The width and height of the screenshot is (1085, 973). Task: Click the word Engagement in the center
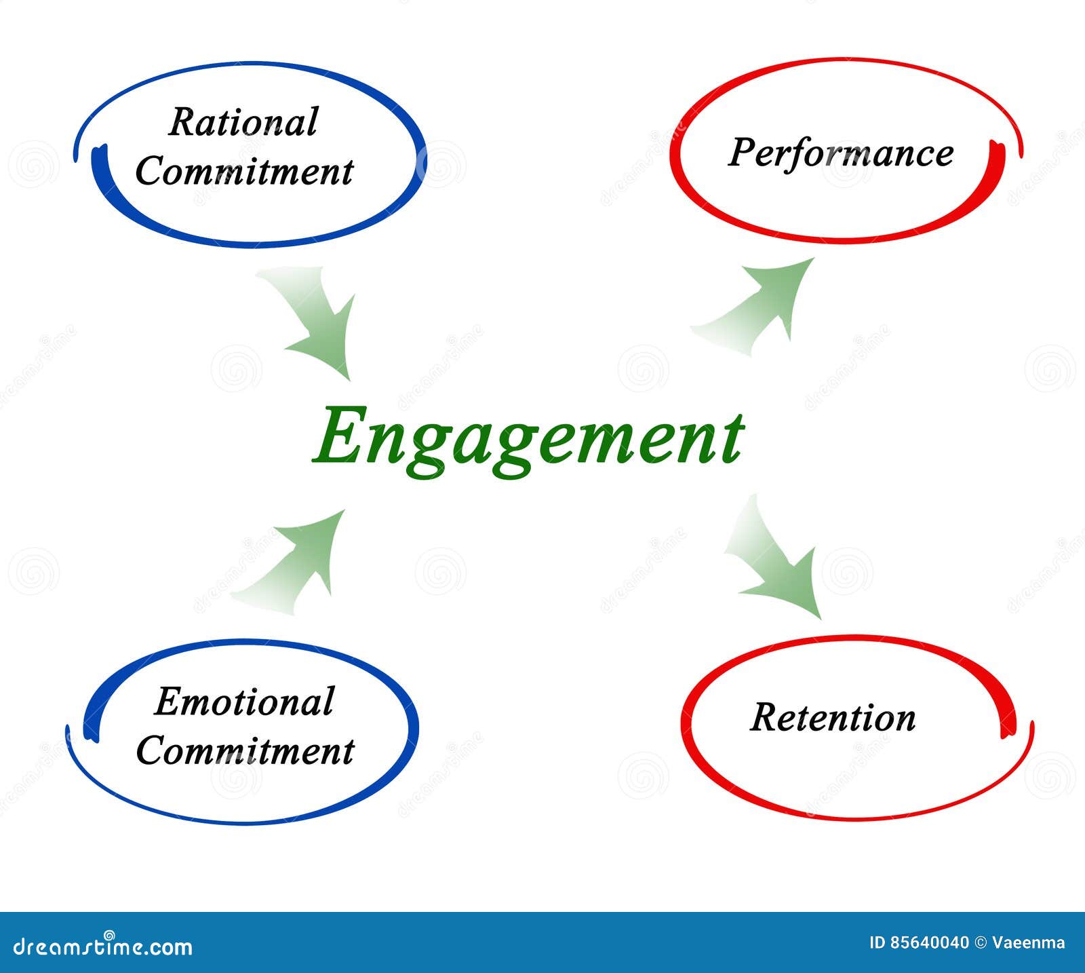click(528, 436)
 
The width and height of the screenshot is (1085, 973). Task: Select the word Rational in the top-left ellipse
click(243, 123)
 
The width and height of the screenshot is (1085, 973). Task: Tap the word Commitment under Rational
click(244, 172)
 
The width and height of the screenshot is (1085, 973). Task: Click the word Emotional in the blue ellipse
click(244, 702)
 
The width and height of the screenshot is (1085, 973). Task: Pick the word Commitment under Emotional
click(245, 751)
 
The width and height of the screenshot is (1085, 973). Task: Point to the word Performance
click(841, 153)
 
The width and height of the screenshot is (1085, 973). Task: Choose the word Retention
click(833, 718)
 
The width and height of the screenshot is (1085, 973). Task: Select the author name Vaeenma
click(1028, 943)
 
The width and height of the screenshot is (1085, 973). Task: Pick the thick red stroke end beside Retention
click(1007, 719)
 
